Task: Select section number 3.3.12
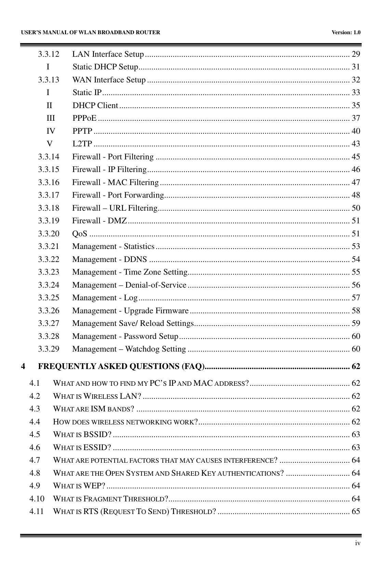tap(48, 54)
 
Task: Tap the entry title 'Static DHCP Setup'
tap(105, 67)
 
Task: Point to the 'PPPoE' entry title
tap(84, 118)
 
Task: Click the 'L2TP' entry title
tap(82, 144)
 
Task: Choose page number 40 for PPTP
tap(356, 131)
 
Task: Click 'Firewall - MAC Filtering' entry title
tap(116, 182)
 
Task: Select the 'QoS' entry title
tap(80, 234)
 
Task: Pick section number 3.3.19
tap(48, 221)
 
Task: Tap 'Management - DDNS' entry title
tap(110, 260)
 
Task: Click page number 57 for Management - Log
tap(356, 298)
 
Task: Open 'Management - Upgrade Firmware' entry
tap(130, 311)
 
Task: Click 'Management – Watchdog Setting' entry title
tap(129, 349)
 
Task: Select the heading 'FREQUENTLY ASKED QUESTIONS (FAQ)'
tap(121, 367)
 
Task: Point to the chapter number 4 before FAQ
tap(23, 367)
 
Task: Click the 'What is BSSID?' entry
tap(82, 435)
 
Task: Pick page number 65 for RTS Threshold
tap(356, 512)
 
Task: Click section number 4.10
tap(37, 499)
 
